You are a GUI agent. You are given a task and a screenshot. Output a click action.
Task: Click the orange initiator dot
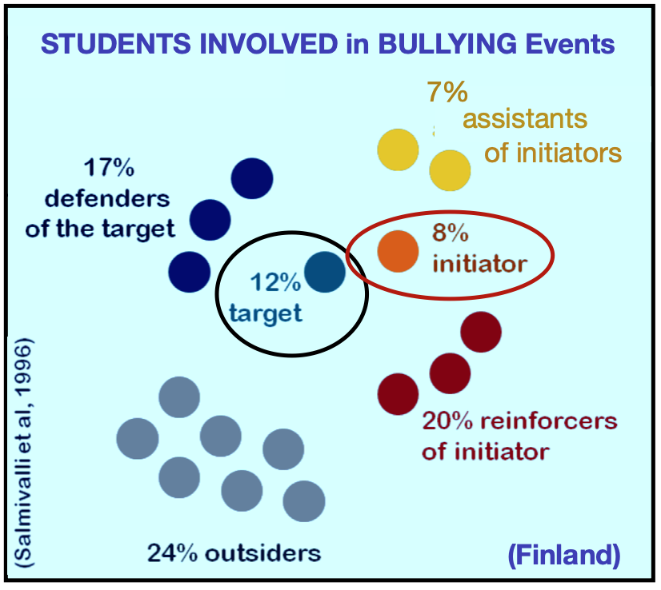click(x=399, y=250)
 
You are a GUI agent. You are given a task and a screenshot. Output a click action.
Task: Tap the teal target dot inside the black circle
click(x=325, y=272)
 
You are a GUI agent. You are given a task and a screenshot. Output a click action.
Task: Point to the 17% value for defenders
click(x=109, y=169)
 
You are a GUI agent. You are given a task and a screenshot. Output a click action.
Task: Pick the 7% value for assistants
click(x=447, y=94)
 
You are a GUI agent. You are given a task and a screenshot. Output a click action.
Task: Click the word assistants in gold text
click(x=525, y=120)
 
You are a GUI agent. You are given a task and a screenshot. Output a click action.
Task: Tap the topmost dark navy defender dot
click(x=252, y=177)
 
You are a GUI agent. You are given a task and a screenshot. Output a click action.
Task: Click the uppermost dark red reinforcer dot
click(x=481, y=331)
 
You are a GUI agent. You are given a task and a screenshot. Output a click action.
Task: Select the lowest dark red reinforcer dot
click(x=398, y=393)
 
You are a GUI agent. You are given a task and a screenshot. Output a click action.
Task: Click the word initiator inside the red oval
click(x=480, y=263)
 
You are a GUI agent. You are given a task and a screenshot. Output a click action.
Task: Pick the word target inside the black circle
click(x=265, y=313)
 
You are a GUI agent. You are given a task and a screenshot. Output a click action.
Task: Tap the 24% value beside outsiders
click(x=172, y=552)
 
